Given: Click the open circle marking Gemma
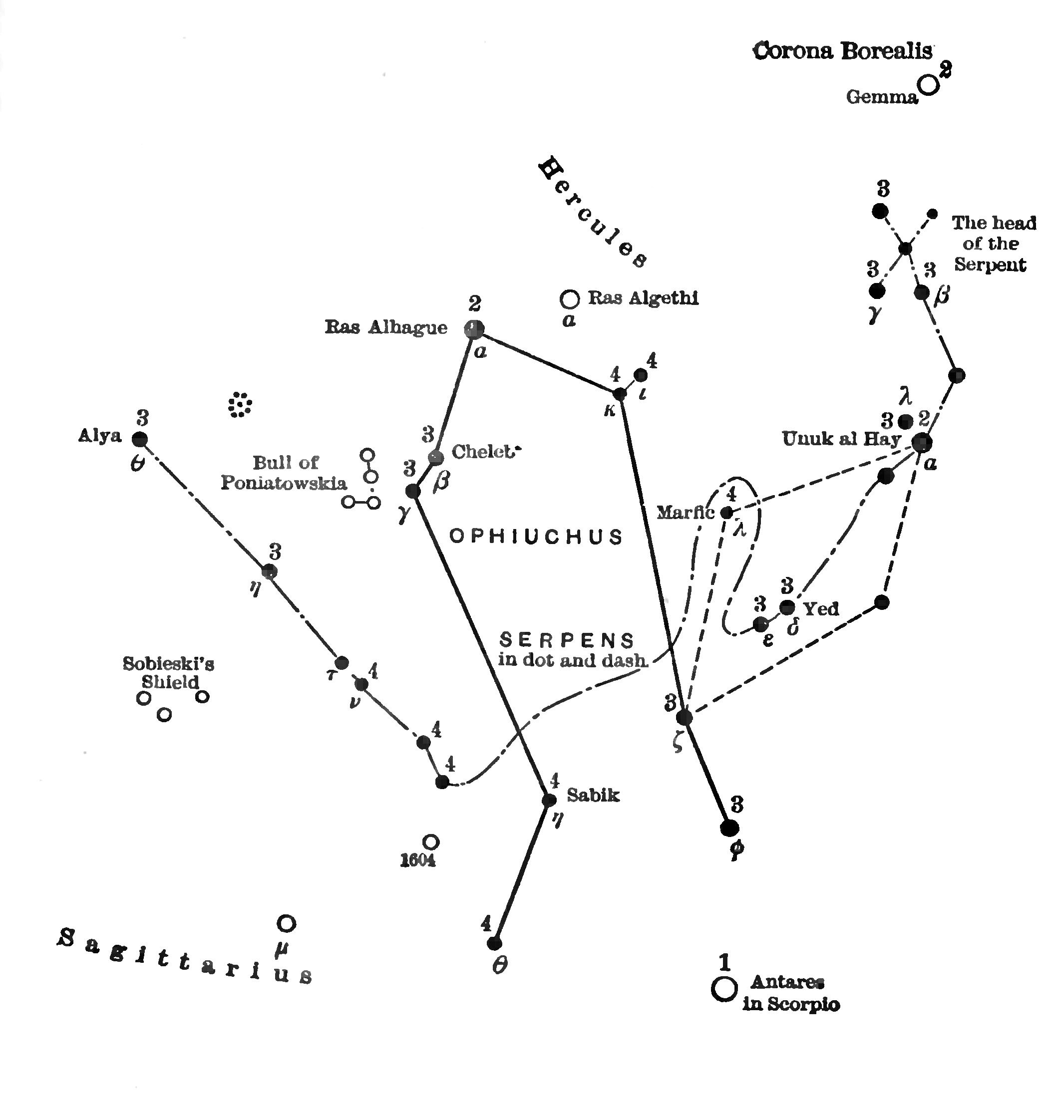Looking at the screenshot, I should click(x=929, y=85).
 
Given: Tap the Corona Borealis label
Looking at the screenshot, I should click(x=842, y=51).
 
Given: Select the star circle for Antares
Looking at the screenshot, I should click(x=724, y=988).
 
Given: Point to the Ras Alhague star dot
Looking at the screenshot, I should click(x=474, y=329).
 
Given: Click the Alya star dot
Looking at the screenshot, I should click(x=139, y=439).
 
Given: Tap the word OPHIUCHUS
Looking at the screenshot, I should click(x=536, y=537).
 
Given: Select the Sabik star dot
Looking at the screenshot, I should click(x=549, y=801).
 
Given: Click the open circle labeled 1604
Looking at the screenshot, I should click(x=430, y=842).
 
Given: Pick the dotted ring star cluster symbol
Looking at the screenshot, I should click(x=240, y=404).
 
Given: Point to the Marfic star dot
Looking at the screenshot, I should click(x=726, y=513).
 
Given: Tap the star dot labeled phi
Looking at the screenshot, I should click(x=729, y=828).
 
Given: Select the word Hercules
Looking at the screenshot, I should click(x=593, y=213).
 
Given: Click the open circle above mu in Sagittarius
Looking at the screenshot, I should click(x=286, y=923).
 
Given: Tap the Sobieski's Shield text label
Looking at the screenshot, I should click(x=169, y=673).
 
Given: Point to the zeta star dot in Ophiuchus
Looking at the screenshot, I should click(x=684, y=717).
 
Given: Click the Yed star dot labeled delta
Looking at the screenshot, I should click(x=787, y=607).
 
